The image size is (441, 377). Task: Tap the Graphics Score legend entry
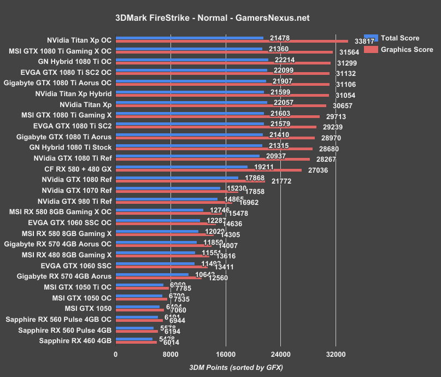pos(407,49)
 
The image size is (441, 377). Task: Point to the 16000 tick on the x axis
pos(226,354)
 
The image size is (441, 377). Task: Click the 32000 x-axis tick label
pos(336,354)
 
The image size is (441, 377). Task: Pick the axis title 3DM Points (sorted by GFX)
pos(236,367)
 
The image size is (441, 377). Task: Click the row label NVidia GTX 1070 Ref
pos(77,191)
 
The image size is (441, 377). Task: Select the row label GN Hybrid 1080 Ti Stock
pos(70,148)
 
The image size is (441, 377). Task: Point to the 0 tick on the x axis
pos(116,354)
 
